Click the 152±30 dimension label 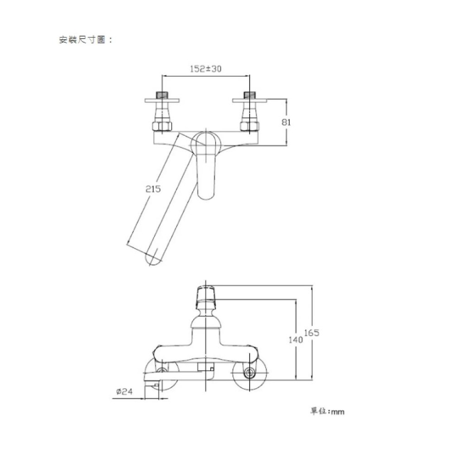coord(206,69)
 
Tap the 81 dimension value coord(286,122)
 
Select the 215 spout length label coord(153,189)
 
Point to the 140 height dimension coord(295,340)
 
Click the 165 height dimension coord(312,333)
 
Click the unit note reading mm coord(327,411)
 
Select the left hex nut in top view coord(161,126)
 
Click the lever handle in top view coord(206,165)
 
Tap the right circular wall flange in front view coord(251,373)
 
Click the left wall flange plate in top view coord(161,100)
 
